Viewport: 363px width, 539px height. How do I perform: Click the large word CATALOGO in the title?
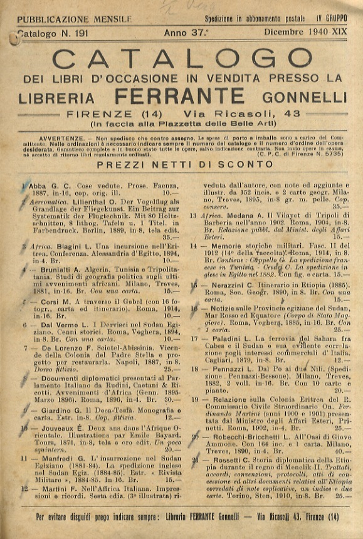(x=182, y=59)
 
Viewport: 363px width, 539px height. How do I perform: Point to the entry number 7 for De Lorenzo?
(x=26, y=347)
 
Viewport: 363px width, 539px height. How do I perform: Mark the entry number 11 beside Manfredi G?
(x=25, y=458)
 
